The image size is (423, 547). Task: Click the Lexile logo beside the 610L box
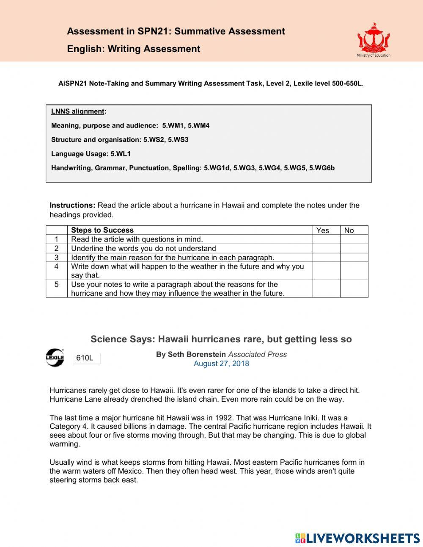(55, 358)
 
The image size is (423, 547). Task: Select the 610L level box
(86, 358)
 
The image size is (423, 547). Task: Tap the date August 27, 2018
(221, 364)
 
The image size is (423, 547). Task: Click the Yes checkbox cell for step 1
(326, 239)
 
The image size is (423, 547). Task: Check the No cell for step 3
(354, 258)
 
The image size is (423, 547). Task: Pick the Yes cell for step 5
(326, 289)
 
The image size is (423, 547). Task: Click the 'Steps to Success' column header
(102, 230)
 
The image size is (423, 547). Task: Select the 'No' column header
(349, 230)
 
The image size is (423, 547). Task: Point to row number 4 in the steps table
(56, 267)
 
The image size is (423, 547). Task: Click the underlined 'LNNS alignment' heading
(78, 111)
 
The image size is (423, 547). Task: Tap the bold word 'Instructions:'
(72, 205)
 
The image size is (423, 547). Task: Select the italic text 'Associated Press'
(257, 354)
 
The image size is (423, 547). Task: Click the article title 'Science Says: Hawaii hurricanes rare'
(221, 339)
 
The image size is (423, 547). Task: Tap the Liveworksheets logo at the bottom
(357, 538)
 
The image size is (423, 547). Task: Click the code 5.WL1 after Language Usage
(121, 154)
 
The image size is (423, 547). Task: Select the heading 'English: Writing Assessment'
(133, 49)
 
